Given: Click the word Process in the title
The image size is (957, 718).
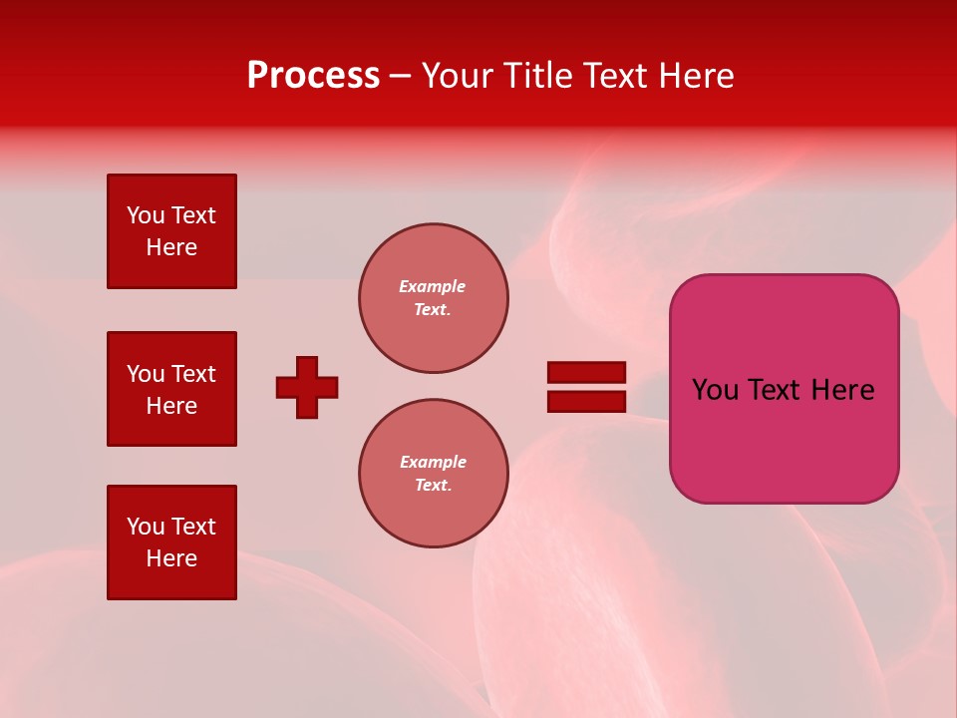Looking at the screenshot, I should coord(313,76).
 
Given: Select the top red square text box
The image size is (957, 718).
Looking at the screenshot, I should coord(171,231).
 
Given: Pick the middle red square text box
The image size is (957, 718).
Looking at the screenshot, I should coord(171,389).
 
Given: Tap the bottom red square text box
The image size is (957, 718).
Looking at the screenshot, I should coord(171,542).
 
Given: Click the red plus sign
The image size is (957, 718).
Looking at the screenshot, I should coord(307,387).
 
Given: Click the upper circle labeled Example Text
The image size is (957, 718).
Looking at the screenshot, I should coord(433,298).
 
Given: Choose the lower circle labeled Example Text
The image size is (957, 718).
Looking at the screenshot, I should coord(433,474).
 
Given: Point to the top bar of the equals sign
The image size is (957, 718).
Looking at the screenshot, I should coord(586,372).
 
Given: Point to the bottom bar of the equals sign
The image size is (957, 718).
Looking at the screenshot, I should coord(586,401).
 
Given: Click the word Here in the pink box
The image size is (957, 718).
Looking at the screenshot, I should coord(842,390).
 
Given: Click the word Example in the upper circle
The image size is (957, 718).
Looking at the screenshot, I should coord(433,286).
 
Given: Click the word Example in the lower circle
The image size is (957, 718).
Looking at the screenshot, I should coord(433,462).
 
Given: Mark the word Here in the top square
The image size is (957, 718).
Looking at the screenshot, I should coord(171,247).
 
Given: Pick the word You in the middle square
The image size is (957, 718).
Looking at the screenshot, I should coord(145,374).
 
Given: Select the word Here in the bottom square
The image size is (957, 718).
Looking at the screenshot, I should coord(171,558).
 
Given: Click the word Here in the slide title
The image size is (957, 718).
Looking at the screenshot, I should coord(700,76).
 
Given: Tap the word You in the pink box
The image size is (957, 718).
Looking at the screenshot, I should coord(715,390).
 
